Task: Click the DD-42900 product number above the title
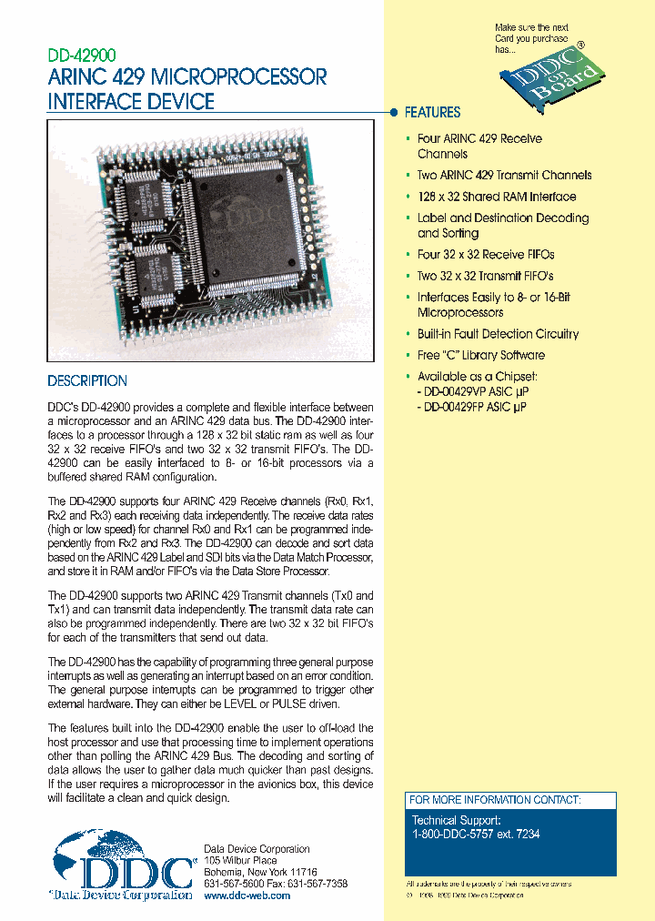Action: point(81,56)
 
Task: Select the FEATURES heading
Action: point(432,113)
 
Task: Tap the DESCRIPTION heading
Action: point(87,381)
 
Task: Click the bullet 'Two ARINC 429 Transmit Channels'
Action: point(504,176)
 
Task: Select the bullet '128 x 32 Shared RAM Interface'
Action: point(496,197)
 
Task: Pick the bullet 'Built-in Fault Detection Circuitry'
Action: point(498,334)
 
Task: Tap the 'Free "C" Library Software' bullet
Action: point(480,356)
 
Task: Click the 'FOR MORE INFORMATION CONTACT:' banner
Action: point(495,800)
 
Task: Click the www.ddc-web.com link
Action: point(247,896)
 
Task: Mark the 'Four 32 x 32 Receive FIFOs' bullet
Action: point(485,255)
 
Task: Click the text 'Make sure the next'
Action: point(531,28)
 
